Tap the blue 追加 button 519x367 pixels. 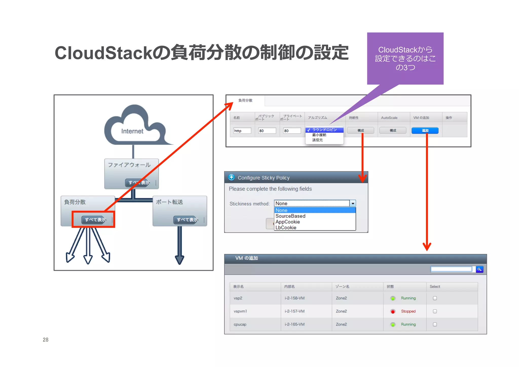pyautogui.click(x=425, y=131)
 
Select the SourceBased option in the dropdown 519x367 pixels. pyautogui.click(x=290, y=216)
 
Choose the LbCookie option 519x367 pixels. pyautogui.click(x=286, y=228)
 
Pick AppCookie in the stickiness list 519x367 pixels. pyautogui.click(x=287, y=222)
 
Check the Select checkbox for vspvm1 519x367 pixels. pyautogui.click(x=435, y=311)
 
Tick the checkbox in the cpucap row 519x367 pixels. pyautogui.click(x=435, y=324)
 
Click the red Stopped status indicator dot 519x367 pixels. pyautogui.click(x=393, y=311)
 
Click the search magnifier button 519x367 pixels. pyautogui.click(x=479, y=269)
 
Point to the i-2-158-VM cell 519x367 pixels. pyautogui.click(x=294, y=298)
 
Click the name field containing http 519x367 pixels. pyautogui.click(x=242, y=131)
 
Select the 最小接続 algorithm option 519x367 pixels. pyautogui.click(x=319, y=135)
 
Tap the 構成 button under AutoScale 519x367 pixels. pyautogui.click(x=393, y=131)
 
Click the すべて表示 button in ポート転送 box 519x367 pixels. pyautogui.click(x=187, y=220)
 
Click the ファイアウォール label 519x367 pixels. pyautogui.click(x=129, y=165)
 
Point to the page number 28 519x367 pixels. pyautogui.click(x=46, y=340)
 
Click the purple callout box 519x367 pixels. pyautogui.click(x=405, y=59)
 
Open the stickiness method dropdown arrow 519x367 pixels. pyautogui.click(x=353, y=204)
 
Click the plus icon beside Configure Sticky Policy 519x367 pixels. pyautogui.click(x=231, y=177)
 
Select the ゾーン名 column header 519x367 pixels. pyautogui.click(x=342, y=287)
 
